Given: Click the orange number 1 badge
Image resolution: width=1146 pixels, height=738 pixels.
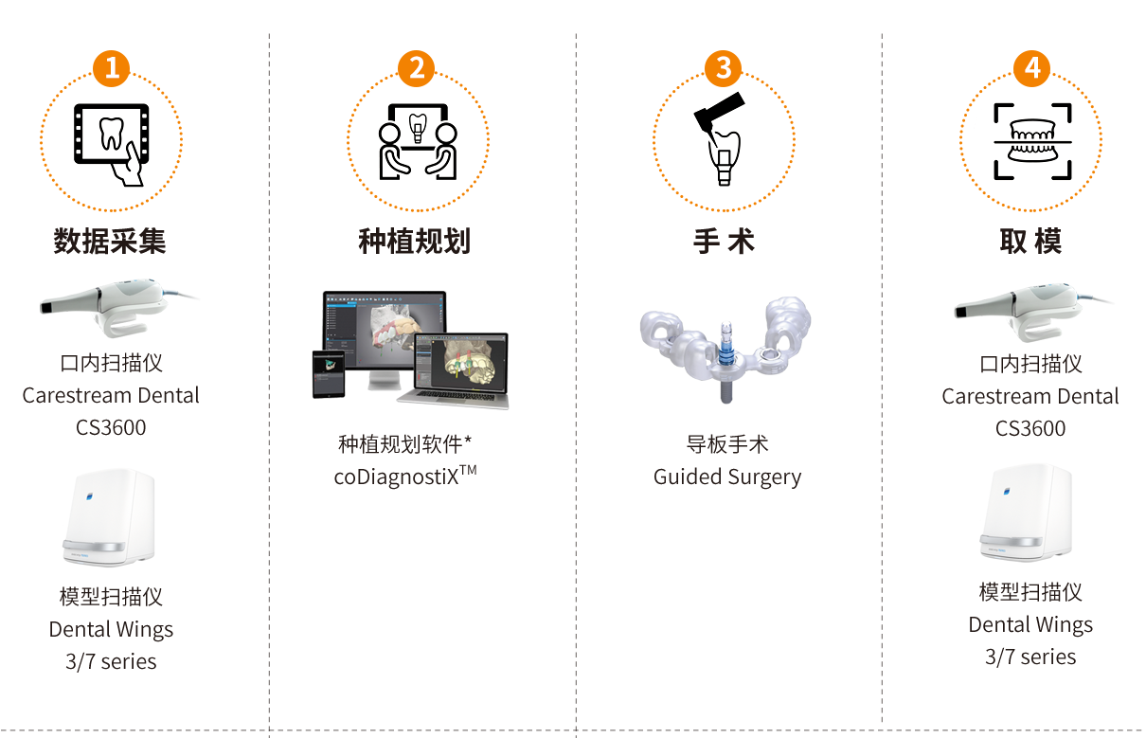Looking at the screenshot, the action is [x=112, y=68].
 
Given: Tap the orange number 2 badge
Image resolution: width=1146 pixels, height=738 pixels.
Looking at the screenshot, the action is [x=417, y=68].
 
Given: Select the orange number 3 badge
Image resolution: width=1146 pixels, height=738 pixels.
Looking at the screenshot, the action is [x=723, y=68].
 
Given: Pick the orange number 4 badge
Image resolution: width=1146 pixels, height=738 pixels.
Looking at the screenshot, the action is [x=1032, y=68].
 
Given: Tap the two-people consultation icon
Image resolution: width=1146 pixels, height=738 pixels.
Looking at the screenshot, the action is [x=418, y=141].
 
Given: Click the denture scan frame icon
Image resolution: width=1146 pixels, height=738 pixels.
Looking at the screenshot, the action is [x=1032, y=141].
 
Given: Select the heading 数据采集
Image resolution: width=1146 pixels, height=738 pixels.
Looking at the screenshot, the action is [x=110, y=241].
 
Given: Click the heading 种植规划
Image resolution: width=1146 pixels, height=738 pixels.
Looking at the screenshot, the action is [x=415, y=241].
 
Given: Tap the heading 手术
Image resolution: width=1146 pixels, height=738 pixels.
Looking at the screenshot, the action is [x=724, y=241].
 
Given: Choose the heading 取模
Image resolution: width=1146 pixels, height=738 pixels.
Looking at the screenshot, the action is [x=1030, y=241].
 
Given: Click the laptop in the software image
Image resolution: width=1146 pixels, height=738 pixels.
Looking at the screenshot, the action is [x=457, y=370].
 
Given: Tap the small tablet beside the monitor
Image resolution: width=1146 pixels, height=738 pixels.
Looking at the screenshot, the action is [x=329, y=374].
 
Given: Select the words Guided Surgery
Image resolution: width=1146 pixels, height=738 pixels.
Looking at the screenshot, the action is [x=727, y=477].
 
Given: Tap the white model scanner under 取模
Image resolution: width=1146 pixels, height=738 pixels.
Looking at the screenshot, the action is [x=1027, y=513].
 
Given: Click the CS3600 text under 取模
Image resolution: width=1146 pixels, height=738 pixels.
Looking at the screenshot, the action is [x=1030, y=428].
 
